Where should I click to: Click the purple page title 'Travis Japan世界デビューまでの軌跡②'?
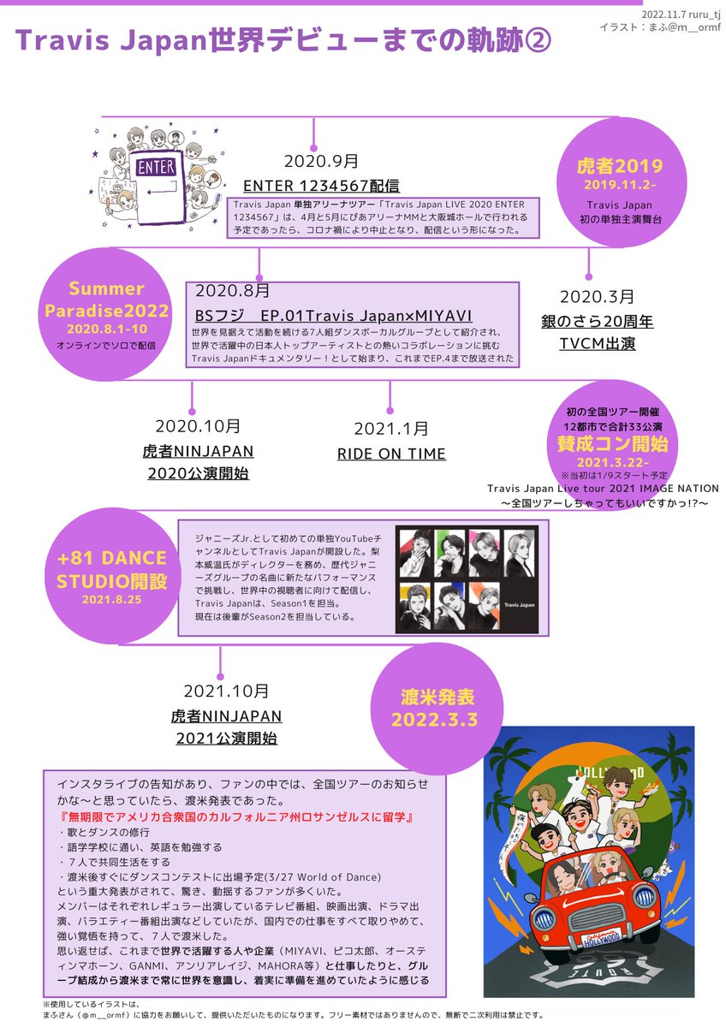(x=283, y=40)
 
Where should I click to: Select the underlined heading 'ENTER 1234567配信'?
(x=321, y=186)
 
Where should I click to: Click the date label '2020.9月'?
(x=321, y=161)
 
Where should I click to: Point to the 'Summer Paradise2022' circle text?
(x=106, y=298)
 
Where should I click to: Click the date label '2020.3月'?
(x=597, y=297)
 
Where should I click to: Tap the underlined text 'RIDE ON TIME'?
(x=391, y=454)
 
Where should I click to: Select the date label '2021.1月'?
(x=391, y=429)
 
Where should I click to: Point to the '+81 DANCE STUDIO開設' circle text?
(x=111, y=570)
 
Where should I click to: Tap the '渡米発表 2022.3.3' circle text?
(x=434, y=707)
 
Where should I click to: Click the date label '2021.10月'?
(x=226, y=691)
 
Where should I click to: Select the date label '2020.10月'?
(x=198, y=425)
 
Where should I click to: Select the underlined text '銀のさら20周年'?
(x=597, y=322)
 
